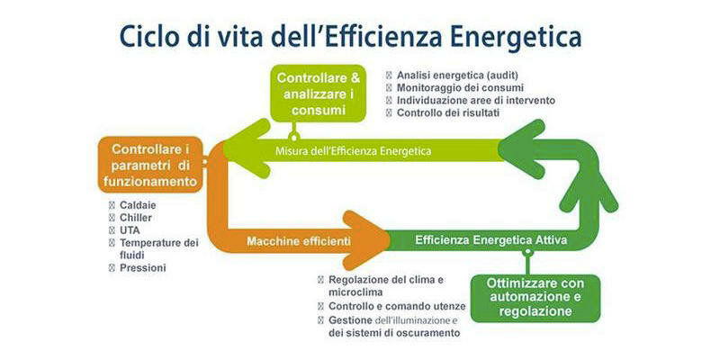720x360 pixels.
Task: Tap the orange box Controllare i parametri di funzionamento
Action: coord(149,166)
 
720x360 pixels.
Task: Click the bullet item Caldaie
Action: coord(138,205)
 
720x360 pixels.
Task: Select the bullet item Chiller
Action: coord(136,218)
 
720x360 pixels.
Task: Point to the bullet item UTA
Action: coord(130,230)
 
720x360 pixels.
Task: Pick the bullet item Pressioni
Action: coord(142,267)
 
